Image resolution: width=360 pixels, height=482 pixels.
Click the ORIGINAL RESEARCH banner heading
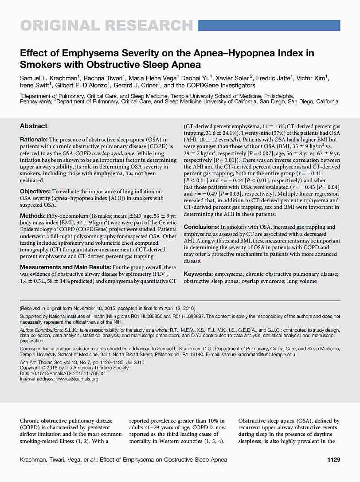click(106, 26)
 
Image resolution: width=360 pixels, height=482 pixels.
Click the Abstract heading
click(34, 126)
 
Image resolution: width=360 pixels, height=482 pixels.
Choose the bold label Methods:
click(32, 215)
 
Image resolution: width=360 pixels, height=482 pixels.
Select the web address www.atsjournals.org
click(77, 379)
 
